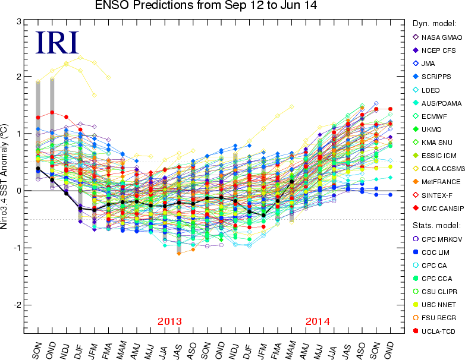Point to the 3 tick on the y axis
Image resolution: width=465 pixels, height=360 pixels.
[x=19, y=22]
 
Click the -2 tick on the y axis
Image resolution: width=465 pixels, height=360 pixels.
[x=17, y=304]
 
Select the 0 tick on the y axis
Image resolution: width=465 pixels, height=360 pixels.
[x=19, y=191]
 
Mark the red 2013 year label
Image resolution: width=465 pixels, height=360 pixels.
[x=170, y=321]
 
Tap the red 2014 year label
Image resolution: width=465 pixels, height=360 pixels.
[x=318, y=321]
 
